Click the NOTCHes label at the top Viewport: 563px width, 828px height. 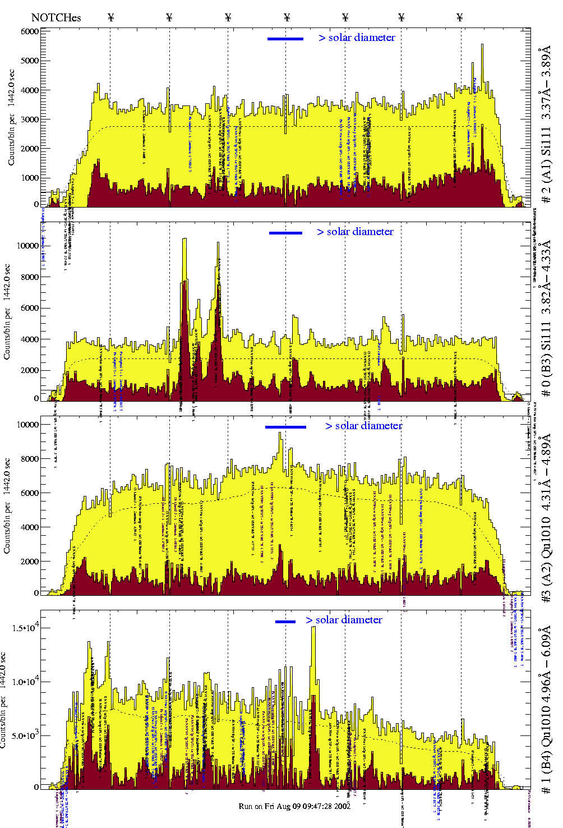56,17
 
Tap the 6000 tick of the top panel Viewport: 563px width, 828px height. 30,31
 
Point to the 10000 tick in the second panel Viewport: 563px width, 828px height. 27,246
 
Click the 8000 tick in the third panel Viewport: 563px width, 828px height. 30,459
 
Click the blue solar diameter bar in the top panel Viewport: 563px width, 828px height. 285,39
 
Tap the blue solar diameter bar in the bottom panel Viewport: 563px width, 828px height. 285,622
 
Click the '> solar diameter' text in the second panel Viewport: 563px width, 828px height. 355,232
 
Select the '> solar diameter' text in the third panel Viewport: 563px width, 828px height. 363,426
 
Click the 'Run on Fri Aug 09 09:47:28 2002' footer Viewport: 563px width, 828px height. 294,806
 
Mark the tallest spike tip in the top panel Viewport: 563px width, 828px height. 482,45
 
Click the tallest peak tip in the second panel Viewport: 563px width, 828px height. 184,239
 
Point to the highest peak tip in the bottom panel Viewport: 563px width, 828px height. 313,627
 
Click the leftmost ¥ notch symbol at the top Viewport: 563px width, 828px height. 110,17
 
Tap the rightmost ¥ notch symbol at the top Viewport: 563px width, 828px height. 460,17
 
